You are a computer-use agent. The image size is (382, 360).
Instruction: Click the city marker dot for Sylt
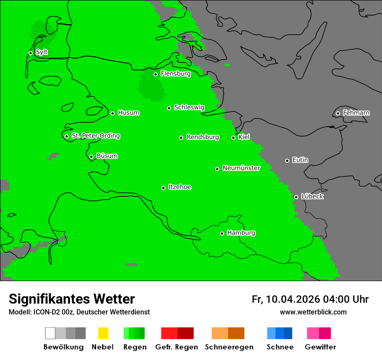coord(30,53)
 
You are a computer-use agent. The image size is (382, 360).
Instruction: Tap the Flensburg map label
coord(175,74)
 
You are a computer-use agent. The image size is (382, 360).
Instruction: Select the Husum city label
coord(128,113)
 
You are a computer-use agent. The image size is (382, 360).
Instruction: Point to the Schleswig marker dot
coord(169,108)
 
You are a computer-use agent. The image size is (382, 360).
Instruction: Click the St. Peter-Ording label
coord(95,136)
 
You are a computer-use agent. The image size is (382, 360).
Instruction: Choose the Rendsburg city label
coord(203,137)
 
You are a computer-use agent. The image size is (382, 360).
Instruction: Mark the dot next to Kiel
coord(234,137)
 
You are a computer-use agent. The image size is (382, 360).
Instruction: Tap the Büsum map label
coord(107,156)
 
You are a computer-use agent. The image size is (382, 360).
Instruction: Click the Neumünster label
coord(241,168)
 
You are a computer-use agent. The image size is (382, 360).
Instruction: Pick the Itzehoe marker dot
coord(164,188)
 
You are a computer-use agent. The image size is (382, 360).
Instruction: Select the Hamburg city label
coord(241,233)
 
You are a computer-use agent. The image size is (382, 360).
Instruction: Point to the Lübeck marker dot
coord(296,197)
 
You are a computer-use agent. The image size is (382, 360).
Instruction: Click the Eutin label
coord(300,160)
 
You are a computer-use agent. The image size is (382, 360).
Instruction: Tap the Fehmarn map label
coord(356,113)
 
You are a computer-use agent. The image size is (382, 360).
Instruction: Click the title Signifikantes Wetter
coord(72,299)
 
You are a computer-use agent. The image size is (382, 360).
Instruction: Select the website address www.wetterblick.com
coord(313,312)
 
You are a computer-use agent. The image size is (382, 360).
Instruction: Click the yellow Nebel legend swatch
coord(103,333)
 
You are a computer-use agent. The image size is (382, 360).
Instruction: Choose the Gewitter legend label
coord(320,347)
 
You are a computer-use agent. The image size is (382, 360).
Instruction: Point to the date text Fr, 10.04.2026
coord(286,299)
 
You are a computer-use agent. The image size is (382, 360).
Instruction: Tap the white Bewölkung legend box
coord(50,333)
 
